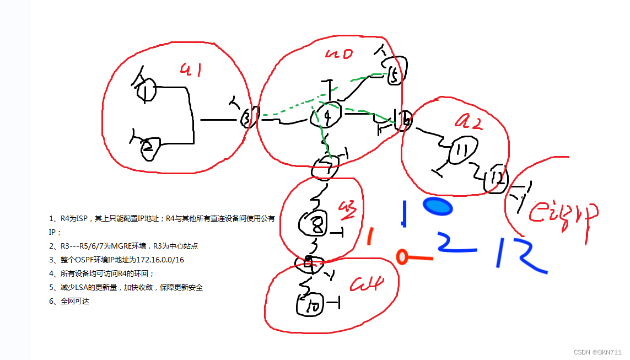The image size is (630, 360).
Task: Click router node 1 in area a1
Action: pos(146,89)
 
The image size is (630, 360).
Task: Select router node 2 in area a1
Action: pos(148,148)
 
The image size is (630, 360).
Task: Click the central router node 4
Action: pos(327,116)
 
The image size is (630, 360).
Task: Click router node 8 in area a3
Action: pos(311,223)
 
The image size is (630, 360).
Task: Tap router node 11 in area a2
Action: pos(459,151)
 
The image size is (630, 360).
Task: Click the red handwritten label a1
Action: pos(191,69)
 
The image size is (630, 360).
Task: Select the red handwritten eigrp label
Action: pos(562,214)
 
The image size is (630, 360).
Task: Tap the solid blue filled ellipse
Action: pos(438,206)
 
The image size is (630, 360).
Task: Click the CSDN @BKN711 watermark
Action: pos(597,352)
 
